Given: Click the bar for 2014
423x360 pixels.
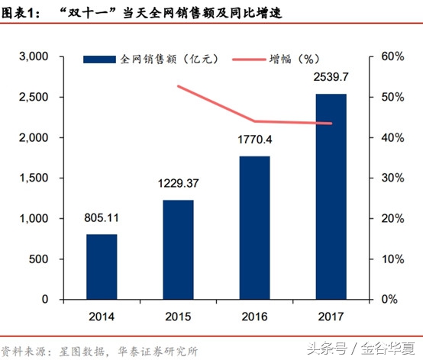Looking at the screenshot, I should coord(102,266).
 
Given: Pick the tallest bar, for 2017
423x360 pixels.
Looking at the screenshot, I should coord(331,197).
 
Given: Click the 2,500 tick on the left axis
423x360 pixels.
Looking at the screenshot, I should coord(33,98).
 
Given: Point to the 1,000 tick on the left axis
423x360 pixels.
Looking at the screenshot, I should coord(33,219).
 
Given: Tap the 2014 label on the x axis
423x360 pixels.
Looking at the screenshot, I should coord(102,317).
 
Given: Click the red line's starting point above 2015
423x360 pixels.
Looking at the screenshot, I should coord(179,86).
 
